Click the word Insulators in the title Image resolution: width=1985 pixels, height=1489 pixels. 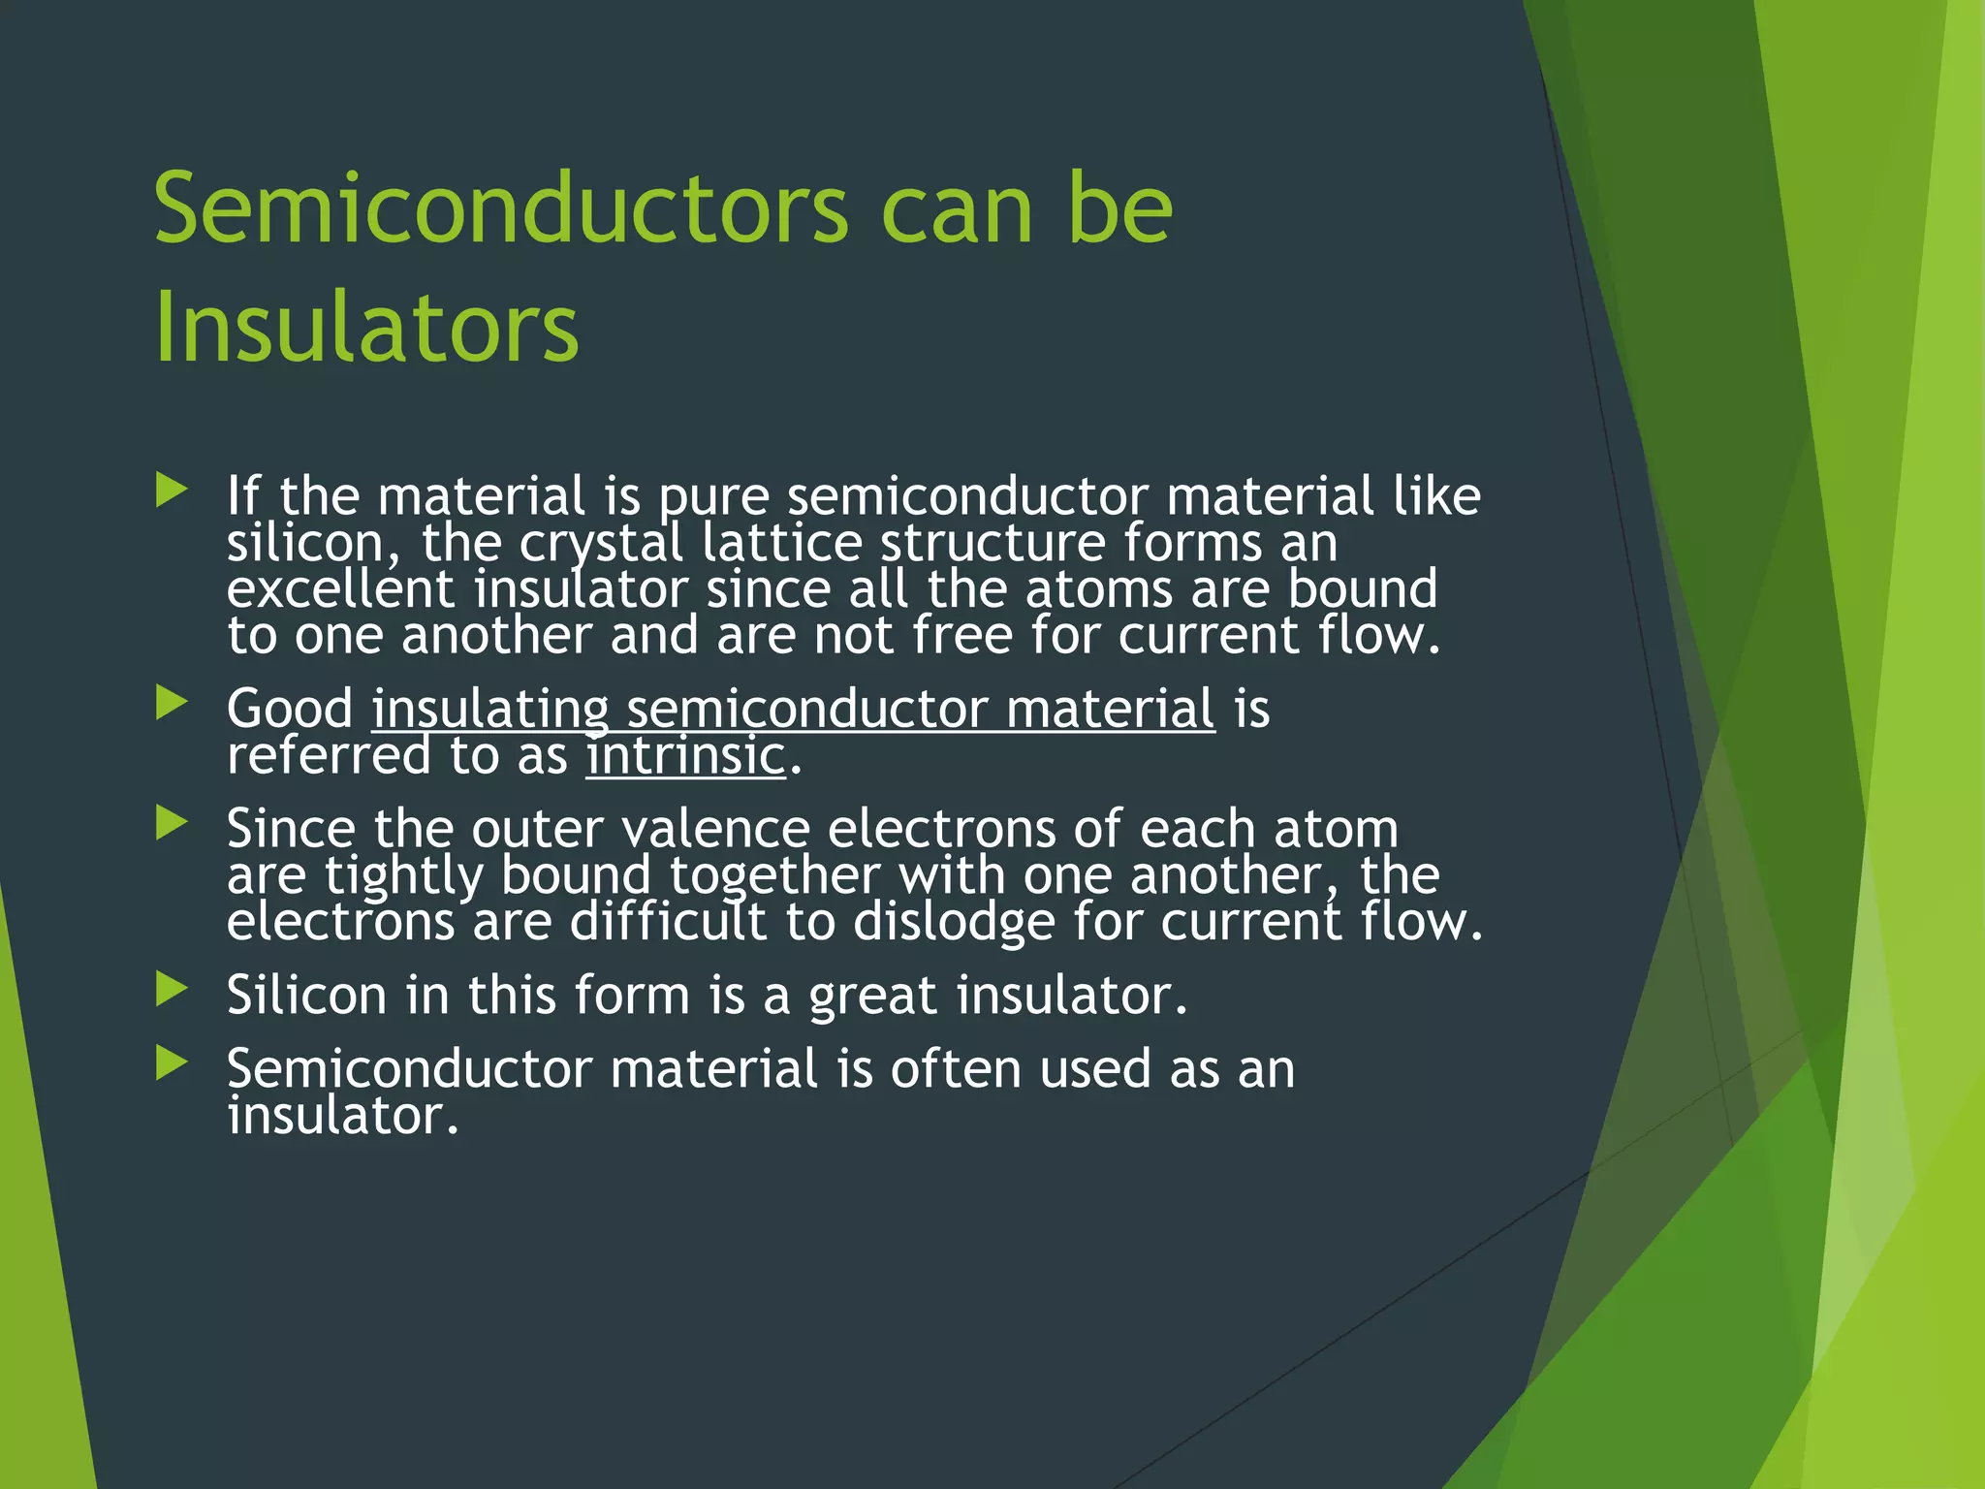(x=366, y=327)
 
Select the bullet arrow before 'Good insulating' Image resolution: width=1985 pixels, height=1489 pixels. (x=172, y=703)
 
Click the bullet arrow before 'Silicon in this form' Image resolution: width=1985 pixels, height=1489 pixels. (x=172, y=990)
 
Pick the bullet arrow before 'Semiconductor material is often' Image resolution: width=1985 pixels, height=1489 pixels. (x=172, y=1063)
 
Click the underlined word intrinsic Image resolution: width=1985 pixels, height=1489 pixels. (x=686, y=755)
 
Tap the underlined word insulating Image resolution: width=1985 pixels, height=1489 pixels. (x=490, y=709)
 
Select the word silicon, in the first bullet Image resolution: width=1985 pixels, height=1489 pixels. (x=313, y=543)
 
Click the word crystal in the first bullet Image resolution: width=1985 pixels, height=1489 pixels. (x=601, y=543)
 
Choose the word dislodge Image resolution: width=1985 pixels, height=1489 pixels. (x=954, y=922)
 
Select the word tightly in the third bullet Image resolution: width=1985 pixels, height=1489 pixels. (x=403, y=876)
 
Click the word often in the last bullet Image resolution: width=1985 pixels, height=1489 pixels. (x=955, y=1068)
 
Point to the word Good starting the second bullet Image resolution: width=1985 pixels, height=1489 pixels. (x=290, y=709)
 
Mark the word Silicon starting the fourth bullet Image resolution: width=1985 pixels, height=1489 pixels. (x=306, y=995)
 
